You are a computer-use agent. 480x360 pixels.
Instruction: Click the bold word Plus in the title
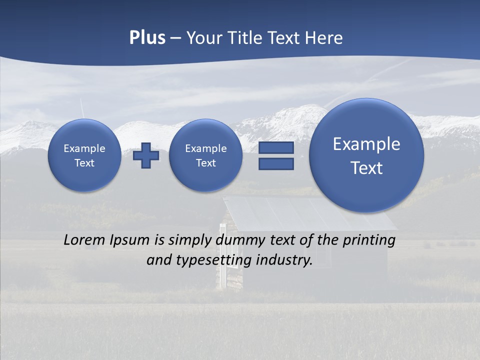[147, 38]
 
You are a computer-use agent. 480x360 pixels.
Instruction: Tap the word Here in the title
[325, 38]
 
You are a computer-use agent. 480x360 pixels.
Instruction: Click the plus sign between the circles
[146, 155]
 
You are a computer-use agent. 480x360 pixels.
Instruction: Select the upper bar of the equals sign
[276, 148]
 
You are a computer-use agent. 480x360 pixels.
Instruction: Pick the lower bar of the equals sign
[276, 163]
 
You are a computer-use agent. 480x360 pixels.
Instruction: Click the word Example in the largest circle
[366, 144]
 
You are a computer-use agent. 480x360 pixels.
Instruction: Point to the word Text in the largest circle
[366, 168]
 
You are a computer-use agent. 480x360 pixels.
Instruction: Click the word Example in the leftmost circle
[84, 148]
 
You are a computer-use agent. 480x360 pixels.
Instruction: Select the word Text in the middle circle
[205, 163]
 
